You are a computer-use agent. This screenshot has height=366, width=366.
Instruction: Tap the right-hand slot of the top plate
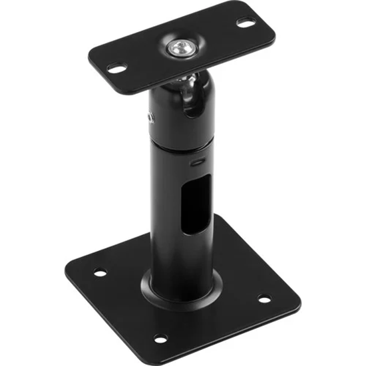point(246,23)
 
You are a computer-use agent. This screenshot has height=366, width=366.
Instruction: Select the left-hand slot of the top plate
point(117,68)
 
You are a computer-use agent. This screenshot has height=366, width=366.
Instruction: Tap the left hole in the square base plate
point(98,272)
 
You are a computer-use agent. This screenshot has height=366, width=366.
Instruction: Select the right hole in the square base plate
point(264,299)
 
